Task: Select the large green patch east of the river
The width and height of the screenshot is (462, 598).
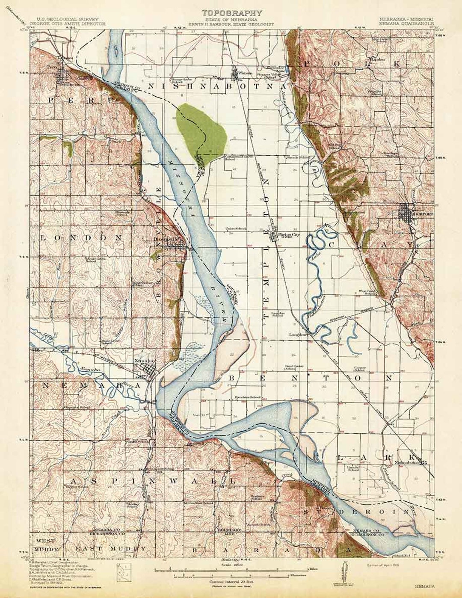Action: click(x=200, y=127)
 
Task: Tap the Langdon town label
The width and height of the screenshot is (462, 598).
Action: click(x=296, y=335)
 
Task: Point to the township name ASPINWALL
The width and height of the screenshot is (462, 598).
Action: click(x=150, y=481)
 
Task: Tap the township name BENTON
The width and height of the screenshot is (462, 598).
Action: click(x=311, y=378)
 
